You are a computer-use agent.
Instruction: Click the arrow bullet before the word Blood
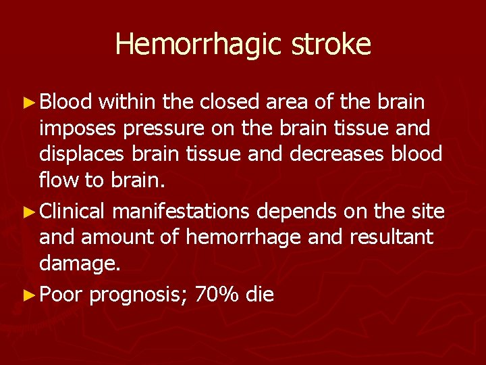pyautogui.click(x=28, y=103)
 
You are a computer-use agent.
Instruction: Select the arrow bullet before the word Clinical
pyautogui.click(x=28, y=212)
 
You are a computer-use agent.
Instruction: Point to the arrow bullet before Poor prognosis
pyautogui.click(x=28, y=295)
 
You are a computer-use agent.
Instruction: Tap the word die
pyautogui.click(x=260, y=295)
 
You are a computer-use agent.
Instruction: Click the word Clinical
pyautogui.click(x=72, y=212)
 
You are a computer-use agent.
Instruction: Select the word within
pyautogui.click(x=128, y=102)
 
